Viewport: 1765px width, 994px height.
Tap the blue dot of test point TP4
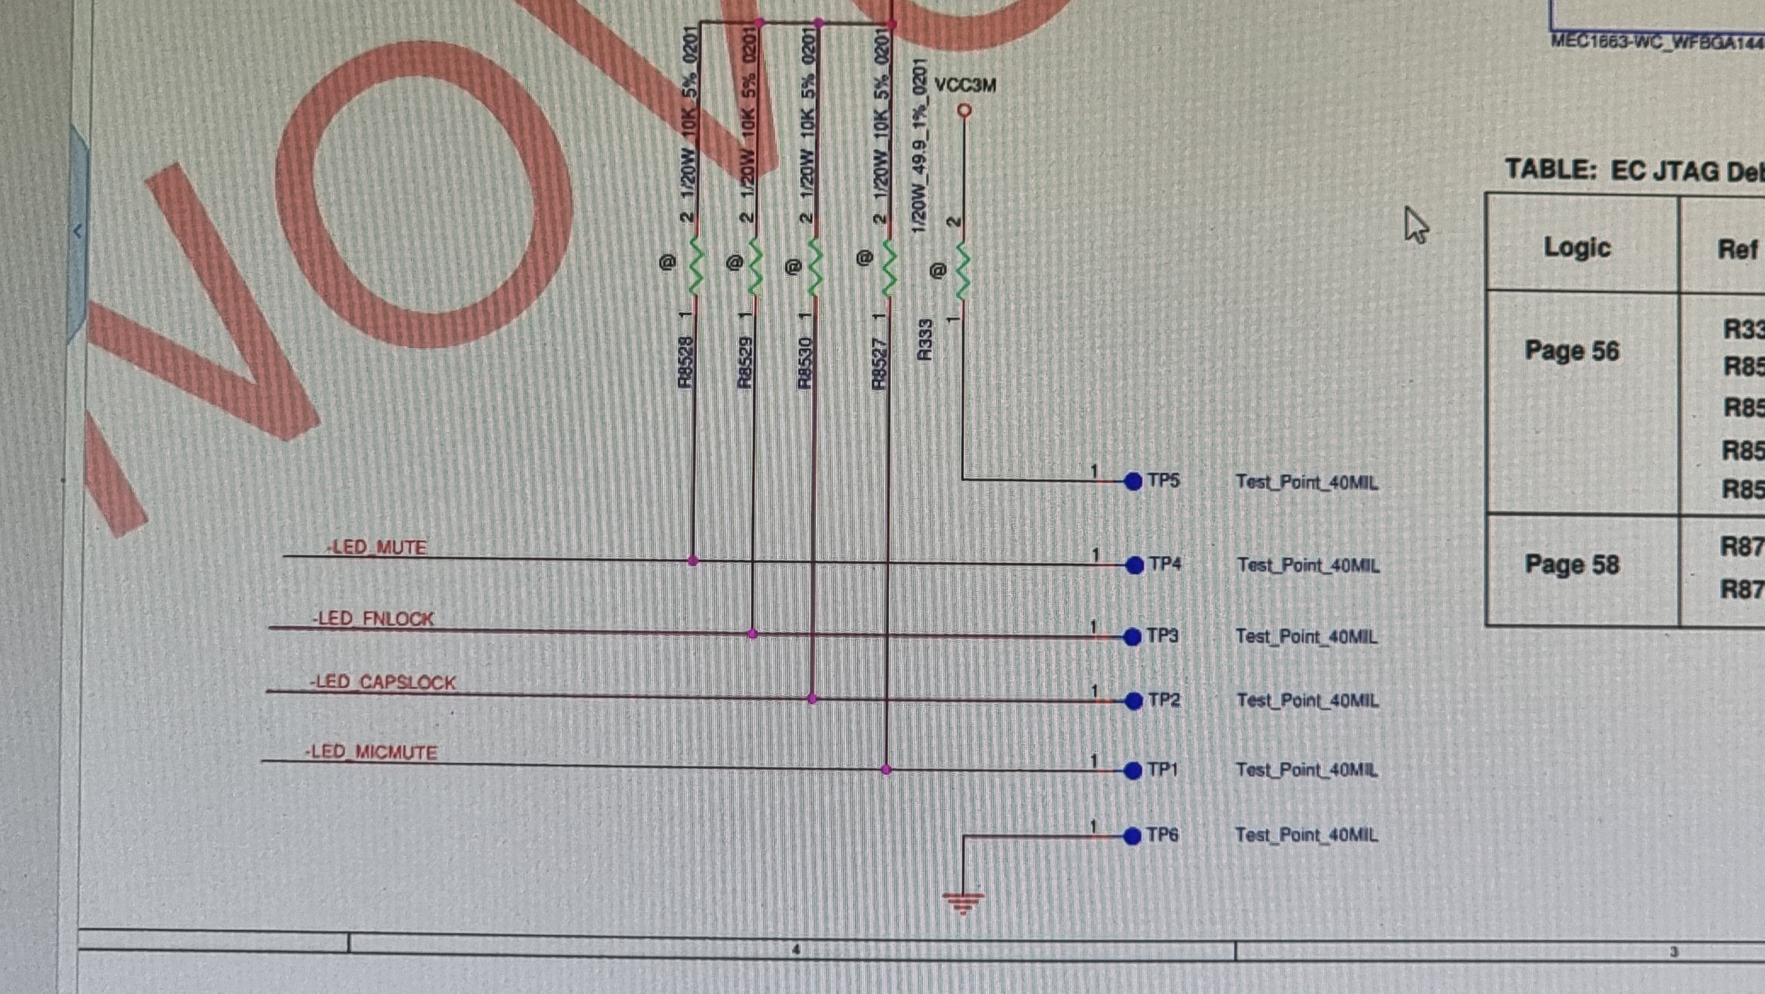[1134, 565]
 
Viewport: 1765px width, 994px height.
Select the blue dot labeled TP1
[1133, 771]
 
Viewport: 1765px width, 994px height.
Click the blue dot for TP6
[1133, 836]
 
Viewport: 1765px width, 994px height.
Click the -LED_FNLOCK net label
[373, 618]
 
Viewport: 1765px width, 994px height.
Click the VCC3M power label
[965, 86]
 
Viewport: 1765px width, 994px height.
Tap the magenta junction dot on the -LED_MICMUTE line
[886, 770]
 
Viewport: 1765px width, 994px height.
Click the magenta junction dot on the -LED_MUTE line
[693, 561]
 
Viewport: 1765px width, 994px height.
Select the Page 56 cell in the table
[1572, 351]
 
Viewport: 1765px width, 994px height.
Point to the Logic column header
[1577, 248]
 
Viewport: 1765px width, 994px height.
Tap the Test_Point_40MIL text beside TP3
[1306, 637]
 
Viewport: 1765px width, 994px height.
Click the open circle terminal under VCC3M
[965, 109]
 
